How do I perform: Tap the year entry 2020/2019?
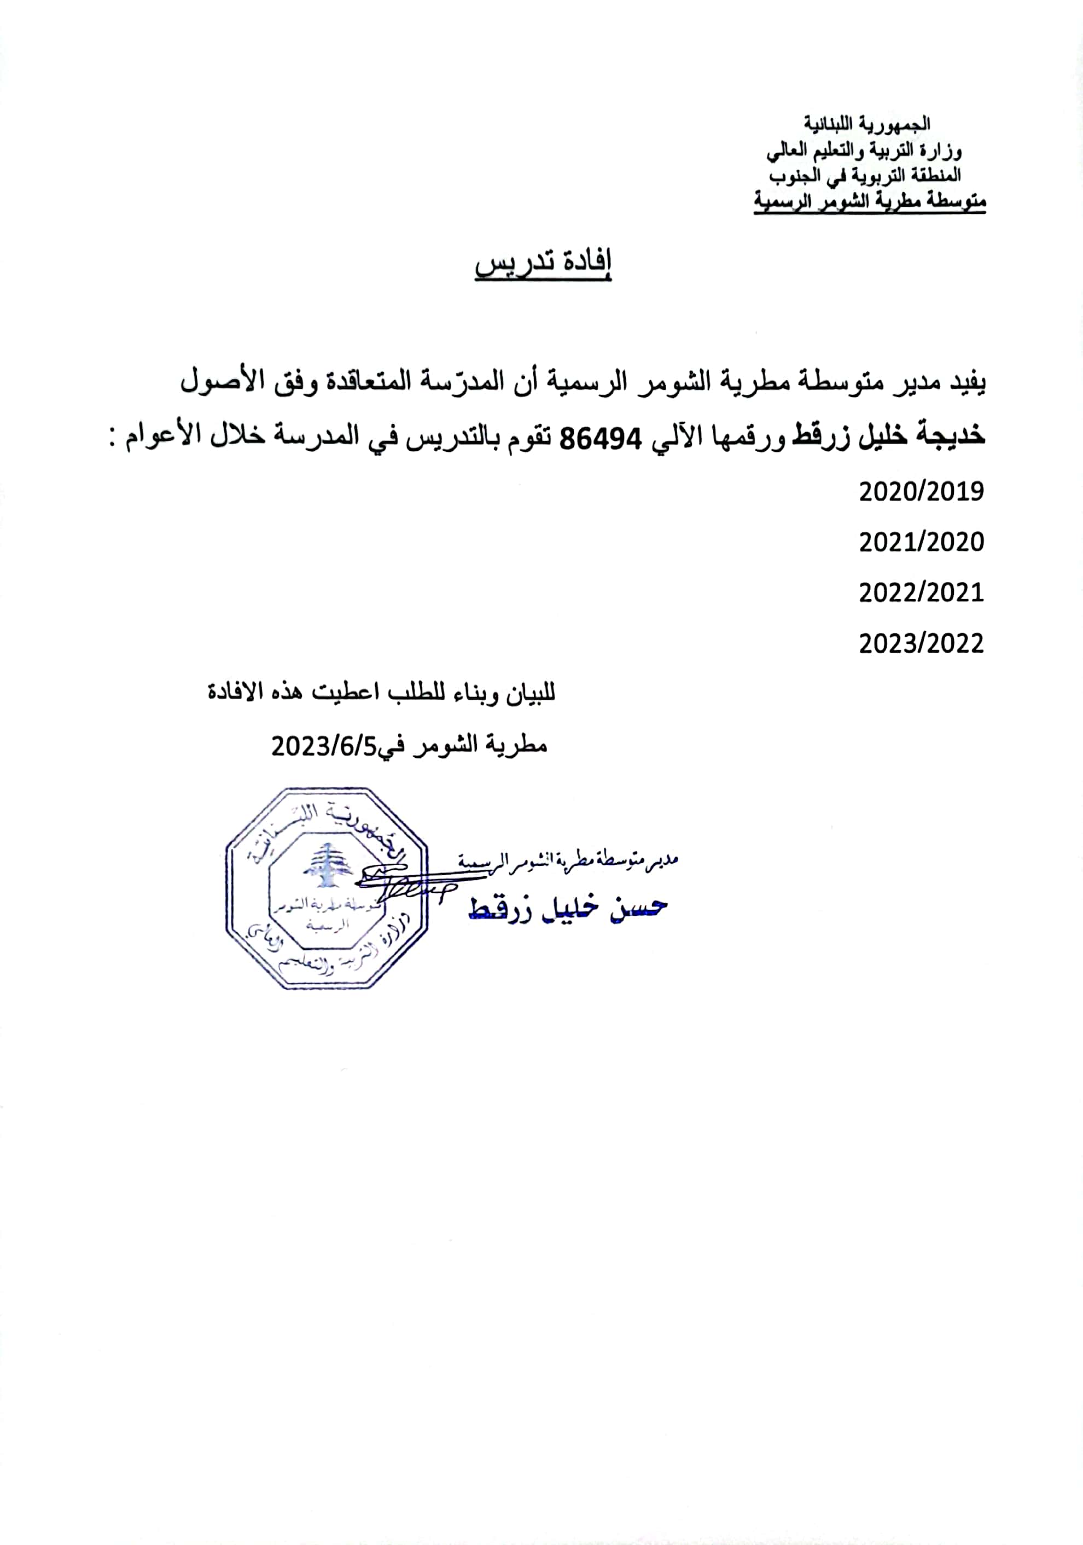click(921, 492)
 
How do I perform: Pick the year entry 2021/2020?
click(921, 542)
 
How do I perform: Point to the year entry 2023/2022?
click(921, 644)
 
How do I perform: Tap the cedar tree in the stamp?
click(328, 865)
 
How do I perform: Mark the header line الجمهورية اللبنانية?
click(867, 125)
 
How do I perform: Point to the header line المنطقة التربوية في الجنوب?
click(865, 176)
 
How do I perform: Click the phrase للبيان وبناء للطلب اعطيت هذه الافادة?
click(381, 693)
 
